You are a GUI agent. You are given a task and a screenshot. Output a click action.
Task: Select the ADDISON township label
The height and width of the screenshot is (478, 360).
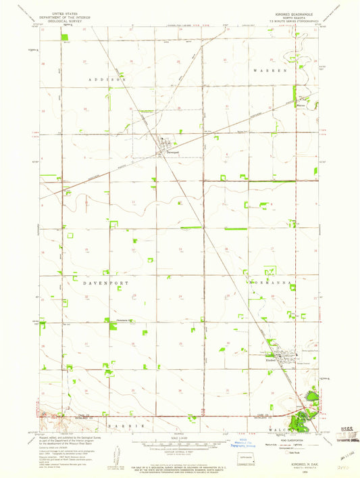coord(109,80)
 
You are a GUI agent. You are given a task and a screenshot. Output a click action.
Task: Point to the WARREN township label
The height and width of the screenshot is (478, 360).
coord(270,70)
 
